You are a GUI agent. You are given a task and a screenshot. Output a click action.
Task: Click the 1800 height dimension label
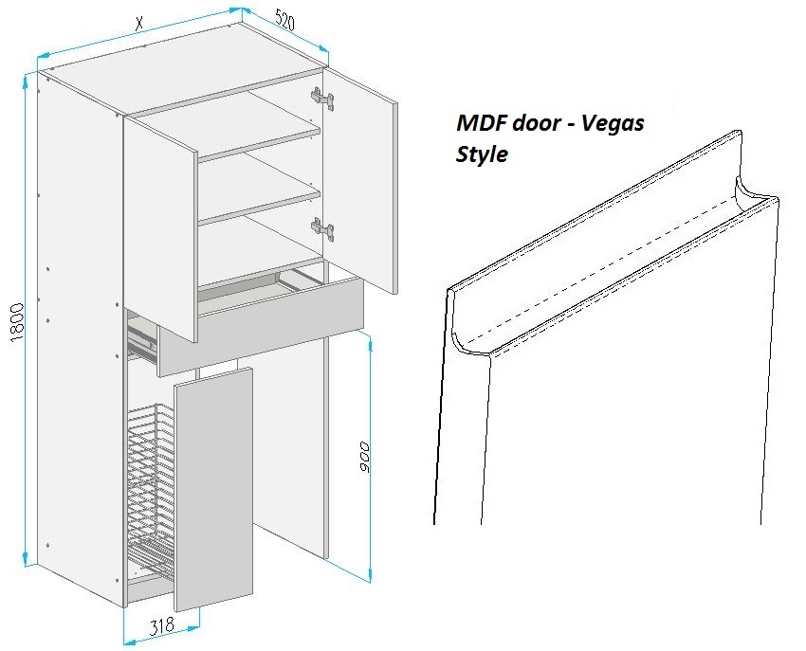tap(17, 322)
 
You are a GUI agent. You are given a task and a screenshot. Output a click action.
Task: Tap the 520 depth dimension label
tap(285, 21)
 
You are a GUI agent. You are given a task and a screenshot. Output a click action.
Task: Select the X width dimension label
tap(138, 23)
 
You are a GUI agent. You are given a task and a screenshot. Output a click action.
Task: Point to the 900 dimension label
tap(364, 457)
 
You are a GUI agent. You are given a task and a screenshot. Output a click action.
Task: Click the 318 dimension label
tap(162, 626)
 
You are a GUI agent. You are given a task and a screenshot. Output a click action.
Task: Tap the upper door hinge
tap(322, 99)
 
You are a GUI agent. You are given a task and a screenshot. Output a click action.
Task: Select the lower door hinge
tap(322, 228)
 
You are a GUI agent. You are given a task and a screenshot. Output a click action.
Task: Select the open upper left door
tap(160, 229)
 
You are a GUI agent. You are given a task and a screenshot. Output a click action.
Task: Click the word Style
tap(482, 154)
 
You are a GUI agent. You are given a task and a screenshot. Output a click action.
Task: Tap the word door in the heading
tap(536, 123)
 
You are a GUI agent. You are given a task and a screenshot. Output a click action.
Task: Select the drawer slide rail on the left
tap(141, 339)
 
